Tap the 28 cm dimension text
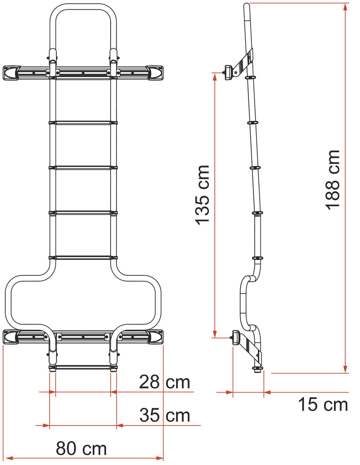tap(164, 383)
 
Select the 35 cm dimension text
tap(164, 415)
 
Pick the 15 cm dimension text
tap(323, 405)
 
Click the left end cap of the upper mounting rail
tap(11, 72)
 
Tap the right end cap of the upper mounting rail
tap(155, 72)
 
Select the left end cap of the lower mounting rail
tap(11, 336)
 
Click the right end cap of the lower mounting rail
tap(155, 336)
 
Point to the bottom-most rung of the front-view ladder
tap(83, 367)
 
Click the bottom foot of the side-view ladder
tap(258, 369)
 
